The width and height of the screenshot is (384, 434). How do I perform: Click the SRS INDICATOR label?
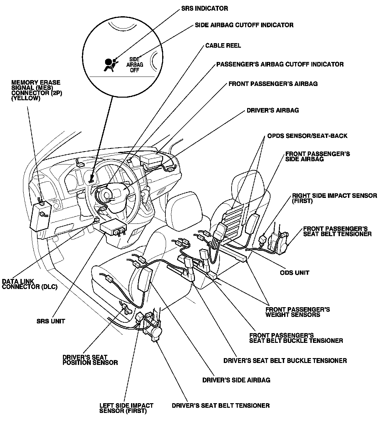click(x=204, y=8)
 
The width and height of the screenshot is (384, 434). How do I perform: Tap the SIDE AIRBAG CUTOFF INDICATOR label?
click(x=244, y=25)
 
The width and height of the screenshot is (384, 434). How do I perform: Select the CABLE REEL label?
click(x=223, y=45)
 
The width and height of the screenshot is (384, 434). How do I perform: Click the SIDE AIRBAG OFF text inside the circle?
click(x=134, y=65)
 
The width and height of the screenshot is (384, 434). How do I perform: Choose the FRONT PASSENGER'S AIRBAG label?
click(x=273, y=84)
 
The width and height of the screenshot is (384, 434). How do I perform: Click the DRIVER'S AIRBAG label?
click(x=272, y=110)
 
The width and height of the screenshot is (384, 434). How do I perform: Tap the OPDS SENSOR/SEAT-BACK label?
click(x=307, y=136)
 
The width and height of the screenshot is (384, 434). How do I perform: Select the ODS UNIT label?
click(x=294, y=272)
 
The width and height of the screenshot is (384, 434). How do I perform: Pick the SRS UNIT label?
click(x=51, y=321)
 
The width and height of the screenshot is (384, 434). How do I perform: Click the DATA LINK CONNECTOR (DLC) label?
click(x=30, y=284)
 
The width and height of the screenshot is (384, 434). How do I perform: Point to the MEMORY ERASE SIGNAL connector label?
click(x=36, y=90)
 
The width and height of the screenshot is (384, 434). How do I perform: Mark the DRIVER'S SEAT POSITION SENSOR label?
click(x=90, y=360)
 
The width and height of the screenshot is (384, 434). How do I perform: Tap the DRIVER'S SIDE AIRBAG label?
click(x=236, y=380)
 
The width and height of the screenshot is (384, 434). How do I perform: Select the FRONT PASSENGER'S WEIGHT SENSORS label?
click(x=297, y=312)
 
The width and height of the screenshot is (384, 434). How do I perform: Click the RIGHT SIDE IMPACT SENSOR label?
click(x=334, y=198)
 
